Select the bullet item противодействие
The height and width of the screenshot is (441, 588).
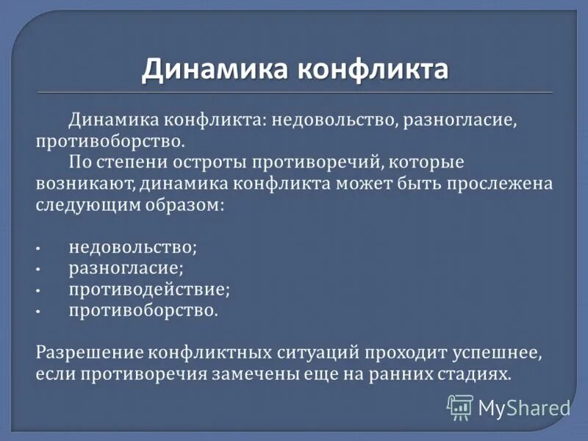pos(149,290)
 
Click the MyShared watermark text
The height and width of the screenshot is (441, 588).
pos(524,407)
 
